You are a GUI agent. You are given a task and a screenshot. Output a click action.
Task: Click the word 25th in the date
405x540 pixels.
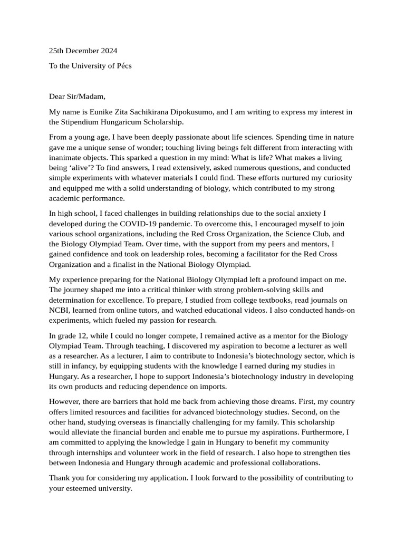click(57, 51)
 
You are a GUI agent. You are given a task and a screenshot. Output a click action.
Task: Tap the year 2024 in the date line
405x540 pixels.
click(108, 51)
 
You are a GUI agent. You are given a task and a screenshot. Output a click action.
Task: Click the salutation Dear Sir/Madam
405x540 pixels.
click(77, 96)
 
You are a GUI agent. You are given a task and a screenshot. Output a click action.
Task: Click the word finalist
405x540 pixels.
click(132, 264)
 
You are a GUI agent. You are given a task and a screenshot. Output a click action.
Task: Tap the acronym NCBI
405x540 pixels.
click(59, 310)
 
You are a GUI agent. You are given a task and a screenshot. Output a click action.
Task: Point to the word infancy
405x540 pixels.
click(78, 366)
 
